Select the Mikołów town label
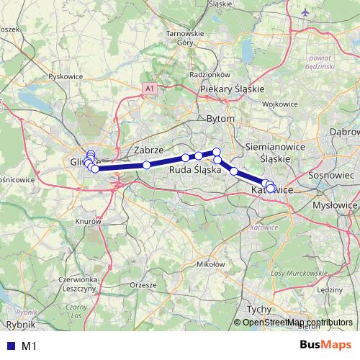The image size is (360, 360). [210, 264]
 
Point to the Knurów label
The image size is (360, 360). [90, 222]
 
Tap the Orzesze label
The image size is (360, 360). [143, 284]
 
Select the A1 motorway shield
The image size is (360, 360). [149, 88]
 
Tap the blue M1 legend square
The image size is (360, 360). [9, 346]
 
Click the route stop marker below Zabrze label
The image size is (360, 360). [147, 165]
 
